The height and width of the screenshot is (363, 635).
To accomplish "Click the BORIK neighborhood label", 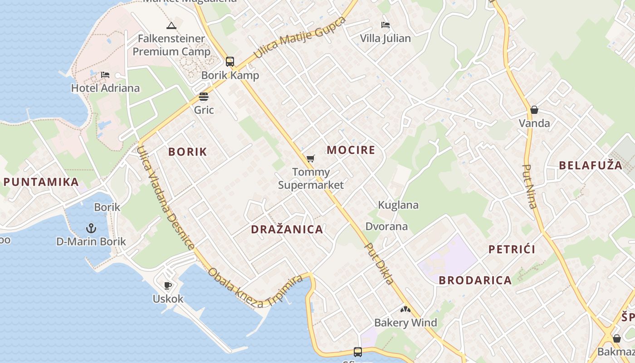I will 187,152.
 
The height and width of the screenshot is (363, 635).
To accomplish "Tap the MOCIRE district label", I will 351,150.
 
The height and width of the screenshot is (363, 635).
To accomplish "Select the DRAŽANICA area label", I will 287,229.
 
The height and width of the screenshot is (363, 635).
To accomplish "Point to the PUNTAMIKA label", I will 41,182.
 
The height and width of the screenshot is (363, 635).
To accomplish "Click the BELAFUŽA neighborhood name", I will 591,165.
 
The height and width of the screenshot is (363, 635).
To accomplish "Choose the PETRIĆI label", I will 512,249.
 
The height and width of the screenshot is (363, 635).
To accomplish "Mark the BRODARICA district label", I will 475,280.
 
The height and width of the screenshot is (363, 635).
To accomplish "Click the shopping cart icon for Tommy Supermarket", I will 310,158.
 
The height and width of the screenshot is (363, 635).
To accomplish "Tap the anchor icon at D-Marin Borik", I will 91,228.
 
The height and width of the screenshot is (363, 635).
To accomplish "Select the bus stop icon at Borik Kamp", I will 230,62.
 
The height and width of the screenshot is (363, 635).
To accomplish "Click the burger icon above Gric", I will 204,97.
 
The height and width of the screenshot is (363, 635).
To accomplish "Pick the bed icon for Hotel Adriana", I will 105,75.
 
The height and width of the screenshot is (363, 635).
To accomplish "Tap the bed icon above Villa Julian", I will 386,25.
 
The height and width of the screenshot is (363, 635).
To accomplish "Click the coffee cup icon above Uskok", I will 168,285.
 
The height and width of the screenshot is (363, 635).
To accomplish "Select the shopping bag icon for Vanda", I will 534,110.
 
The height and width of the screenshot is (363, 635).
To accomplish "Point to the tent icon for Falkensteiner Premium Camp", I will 171,25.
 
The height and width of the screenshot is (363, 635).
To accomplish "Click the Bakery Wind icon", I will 405,309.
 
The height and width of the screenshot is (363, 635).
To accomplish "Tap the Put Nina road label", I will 529,186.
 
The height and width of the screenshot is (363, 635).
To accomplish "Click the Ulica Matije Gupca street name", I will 299,38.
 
